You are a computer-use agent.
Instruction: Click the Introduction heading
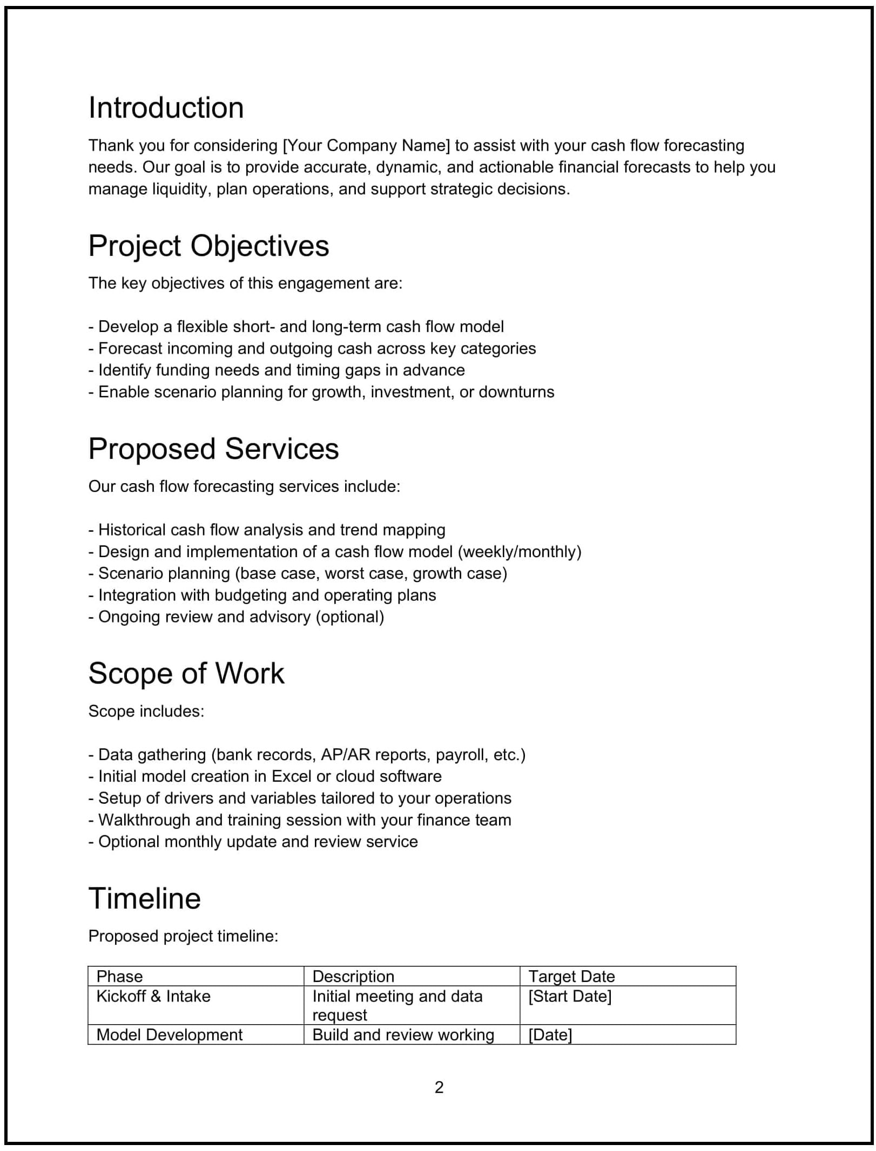[x=166, y=108]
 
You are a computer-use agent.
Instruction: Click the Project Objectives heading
[x=208, y=246]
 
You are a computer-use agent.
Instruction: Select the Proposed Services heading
[x=213, y=449]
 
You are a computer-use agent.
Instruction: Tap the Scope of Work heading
[x=186, y=674]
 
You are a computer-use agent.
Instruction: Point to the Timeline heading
[x=144, y=898]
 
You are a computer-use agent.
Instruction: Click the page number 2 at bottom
[x=439, y=1087]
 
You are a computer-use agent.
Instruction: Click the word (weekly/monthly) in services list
[x=520, y=552]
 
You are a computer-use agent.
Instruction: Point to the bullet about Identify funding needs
[x=276, y=370]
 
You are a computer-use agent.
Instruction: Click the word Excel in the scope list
[x=291, y=776]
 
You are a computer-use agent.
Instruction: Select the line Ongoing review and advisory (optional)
[x=236, y=617]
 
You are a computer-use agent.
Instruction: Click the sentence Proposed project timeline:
[x=183, y=936]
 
